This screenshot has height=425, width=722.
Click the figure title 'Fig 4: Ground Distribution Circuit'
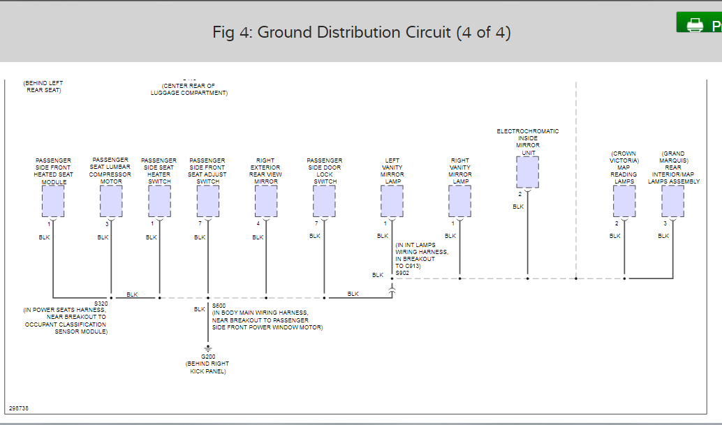[x=361, y=33]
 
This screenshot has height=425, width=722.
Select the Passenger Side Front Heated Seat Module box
[x=53, y=202]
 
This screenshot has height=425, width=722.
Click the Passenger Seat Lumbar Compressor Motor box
[x=111, y=202]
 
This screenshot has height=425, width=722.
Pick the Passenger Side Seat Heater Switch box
[x=159, y=202]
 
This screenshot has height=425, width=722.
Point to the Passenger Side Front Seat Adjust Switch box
[x=207, y=202]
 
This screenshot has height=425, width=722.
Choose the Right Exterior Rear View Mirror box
[x=266, y=202]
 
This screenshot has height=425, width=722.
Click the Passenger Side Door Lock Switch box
[x=324, y=202]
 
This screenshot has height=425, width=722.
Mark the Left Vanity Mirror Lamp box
[x=392, y=202]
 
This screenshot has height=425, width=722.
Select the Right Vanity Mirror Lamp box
[x=459, y=202]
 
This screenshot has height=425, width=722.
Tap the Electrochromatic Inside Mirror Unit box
[x=527, y=172]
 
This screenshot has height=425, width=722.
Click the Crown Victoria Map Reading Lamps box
[x=624, y=202]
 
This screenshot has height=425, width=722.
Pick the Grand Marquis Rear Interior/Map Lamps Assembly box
[x=673, y=202]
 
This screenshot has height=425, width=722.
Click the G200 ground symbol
[x=207, y=348]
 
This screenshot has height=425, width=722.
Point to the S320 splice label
[x=101, y=304]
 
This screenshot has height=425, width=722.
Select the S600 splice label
[x=219, y=305]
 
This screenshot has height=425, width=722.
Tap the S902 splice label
[x=402, y=273]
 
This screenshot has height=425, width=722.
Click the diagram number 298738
[x=19, y=408]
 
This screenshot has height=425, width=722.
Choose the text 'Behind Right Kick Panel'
[x=207, y=367]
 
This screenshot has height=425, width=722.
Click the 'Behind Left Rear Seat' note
[x=44, y=87]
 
